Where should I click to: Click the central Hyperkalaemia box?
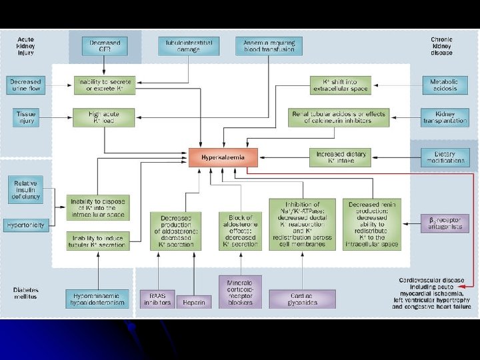pos(223,157)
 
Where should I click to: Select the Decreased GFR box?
pos(105,46)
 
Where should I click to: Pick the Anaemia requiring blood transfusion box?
pos(269,46)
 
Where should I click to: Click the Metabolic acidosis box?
pos(444,85)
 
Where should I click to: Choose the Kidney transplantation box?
pos(444,117)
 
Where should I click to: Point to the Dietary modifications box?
pos(445,157)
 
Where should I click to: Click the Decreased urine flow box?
pos(25,85)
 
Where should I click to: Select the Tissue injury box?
pos(25,117)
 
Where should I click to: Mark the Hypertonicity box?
pos(25,225)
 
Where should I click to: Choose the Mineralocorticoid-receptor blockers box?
pos(239,291)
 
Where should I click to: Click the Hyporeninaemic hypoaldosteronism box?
pos(97,299)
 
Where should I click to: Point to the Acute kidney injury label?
pos(26,46)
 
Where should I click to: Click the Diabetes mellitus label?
pos(26,294)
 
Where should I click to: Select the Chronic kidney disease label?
pos(441,46)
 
